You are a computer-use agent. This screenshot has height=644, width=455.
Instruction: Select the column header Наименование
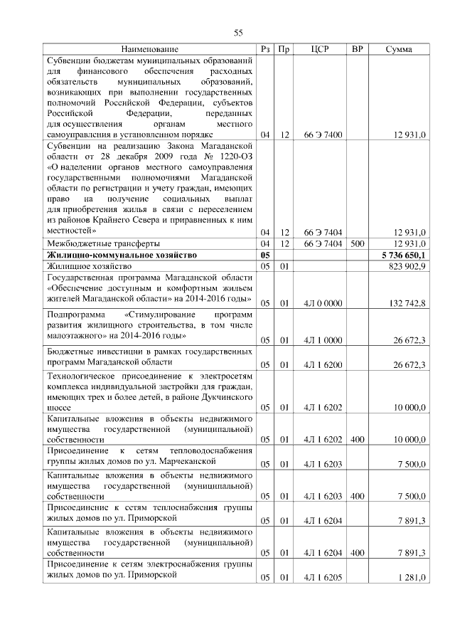coord(149,49)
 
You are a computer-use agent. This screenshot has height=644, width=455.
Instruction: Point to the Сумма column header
coord(400,49)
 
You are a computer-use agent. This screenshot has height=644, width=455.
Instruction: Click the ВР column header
coord(357,49)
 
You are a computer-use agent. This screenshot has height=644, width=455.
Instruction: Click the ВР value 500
coord(357,243)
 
